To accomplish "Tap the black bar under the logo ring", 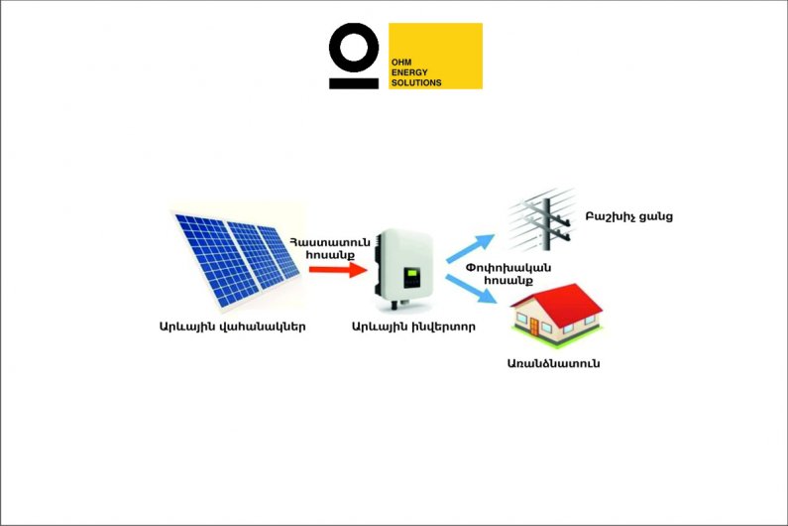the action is (x=354, y=83).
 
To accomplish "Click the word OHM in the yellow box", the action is (x=401, y=63).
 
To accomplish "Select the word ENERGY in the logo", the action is (x=409, y=72).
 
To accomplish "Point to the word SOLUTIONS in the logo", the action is (x=416, y=82).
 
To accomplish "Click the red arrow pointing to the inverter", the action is (x=338, y=269).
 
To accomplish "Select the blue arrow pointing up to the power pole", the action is (x=470, y=248).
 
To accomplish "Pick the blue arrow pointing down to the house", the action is (x=471, y=289).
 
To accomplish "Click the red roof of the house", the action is (x=557, y=299).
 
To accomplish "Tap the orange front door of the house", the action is (x=533, y=328).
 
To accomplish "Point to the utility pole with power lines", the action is (x=546, y=222).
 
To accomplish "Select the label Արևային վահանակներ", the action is (x=232, y=327).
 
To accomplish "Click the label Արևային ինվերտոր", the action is (x=413, y=327).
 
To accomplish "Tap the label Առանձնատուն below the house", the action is (x=553, y=363).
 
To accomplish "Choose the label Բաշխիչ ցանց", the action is (x=628, y=217).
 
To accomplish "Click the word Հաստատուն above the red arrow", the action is (x=330, y=242).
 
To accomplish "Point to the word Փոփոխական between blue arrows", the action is (x=508, y=267).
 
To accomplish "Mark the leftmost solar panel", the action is (x=216, y=260).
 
